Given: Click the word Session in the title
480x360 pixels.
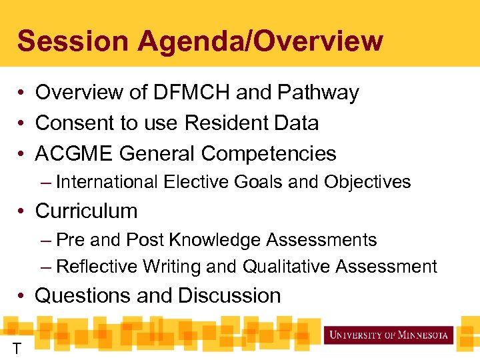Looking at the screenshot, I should click(73, 41).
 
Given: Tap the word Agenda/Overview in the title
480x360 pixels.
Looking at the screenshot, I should click(260, 41).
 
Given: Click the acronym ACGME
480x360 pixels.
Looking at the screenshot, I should click(74, 154).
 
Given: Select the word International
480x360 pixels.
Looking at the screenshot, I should click(107, 182).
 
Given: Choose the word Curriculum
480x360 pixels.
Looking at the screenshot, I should click(86, 211).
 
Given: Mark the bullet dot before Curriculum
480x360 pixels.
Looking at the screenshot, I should click(22, 211).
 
